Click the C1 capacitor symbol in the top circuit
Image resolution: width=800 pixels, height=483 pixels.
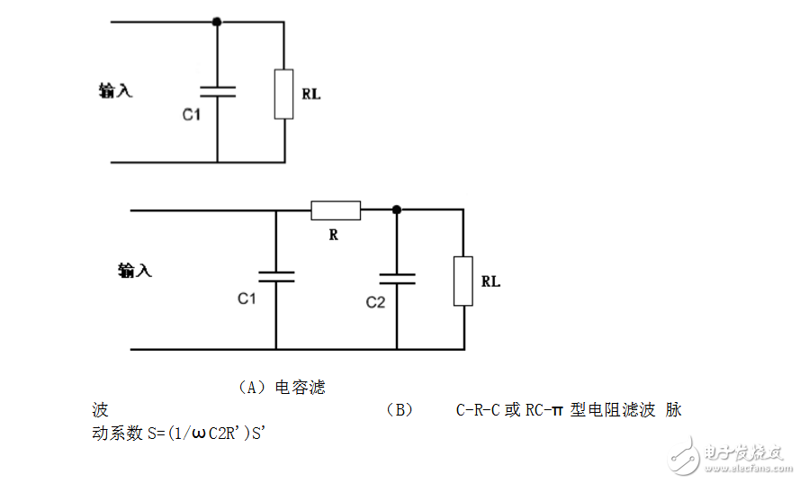[x=217, y=90]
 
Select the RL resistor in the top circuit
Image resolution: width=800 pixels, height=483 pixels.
[x=283, y=94]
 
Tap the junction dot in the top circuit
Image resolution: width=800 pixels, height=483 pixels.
[x=217, y=20]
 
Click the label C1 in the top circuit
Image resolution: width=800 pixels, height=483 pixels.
[x=192, y=115]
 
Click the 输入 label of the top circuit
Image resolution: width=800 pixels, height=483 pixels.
[x=115, y=90]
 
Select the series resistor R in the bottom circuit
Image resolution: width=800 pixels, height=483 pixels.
[x=336, y=210]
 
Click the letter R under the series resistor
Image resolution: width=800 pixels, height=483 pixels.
[x=333, y=236]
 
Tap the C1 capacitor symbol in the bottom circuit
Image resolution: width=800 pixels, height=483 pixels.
[x=275, y=276]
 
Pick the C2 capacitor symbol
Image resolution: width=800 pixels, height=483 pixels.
[x=396, y=276]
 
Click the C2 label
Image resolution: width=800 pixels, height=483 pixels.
[x=375, y=302]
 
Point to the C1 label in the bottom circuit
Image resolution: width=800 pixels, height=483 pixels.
[x=247, y=299]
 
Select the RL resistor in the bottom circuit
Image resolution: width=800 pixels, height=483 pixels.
[x=463, y=281]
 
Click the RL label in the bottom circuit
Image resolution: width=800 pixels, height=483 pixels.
[x=490, y=282]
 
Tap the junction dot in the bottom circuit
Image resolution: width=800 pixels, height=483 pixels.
[x=396, y=210]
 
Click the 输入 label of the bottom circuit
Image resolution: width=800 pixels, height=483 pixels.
[x=134, y=270]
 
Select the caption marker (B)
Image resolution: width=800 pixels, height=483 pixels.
[x=399, y=410]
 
